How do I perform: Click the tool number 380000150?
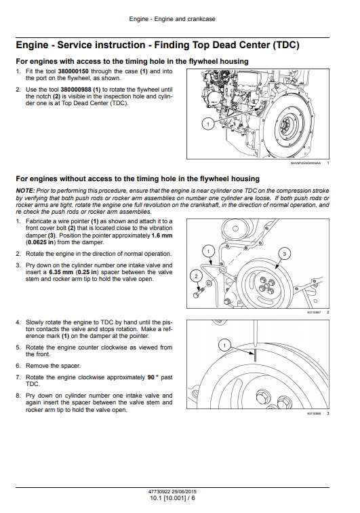(73, 71)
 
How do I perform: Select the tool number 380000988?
(76, 90)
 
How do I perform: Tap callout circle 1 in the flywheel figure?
(208, 123)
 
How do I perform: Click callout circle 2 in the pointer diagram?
(196, 276)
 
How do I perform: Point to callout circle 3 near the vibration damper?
(284, 254)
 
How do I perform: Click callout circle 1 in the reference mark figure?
(224, 345)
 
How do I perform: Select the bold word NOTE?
(25, 191)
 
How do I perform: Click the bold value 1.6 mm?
(162, 235)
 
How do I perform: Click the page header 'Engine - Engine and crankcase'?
(172, 19)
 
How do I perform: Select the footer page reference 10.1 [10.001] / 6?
(172, 498)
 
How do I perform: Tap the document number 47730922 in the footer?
(159, 491)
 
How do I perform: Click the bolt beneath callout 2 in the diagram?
(198, 292)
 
